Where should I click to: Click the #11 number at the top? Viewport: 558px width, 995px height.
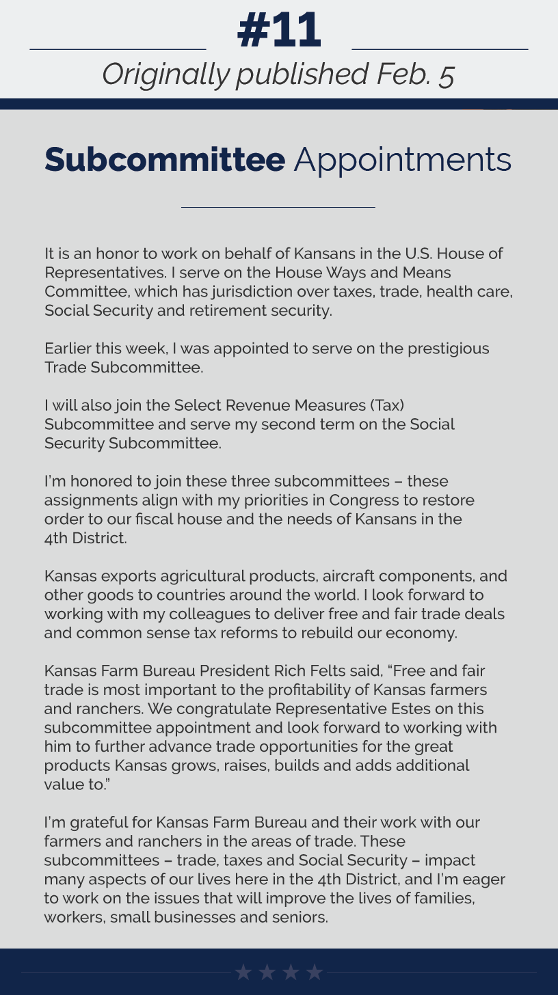pos(279,31)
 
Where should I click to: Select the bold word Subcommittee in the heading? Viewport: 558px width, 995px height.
pos(165,160)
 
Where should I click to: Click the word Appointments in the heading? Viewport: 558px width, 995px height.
pos(403,160)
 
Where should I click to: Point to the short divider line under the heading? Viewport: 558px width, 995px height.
pos(278,206)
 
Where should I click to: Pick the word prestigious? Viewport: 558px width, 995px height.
pos(449,349)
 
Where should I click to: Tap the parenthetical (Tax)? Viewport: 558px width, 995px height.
pos(387,405)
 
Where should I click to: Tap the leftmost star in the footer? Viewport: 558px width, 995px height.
pos(243,972)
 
